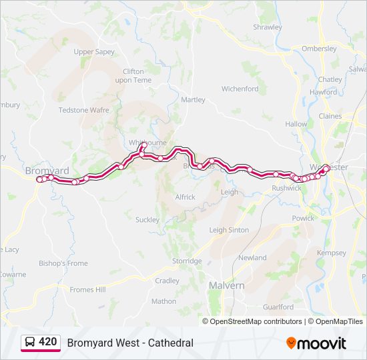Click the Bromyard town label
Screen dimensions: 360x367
47,171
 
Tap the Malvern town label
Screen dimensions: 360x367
226,285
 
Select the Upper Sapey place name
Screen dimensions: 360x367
94,52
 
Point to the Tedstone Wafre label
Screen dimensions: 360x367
83,110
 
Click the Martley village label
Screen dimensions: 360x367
193,100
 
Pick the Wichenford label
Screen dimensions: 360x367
240,89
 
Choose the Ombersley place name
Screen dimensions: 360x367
319,49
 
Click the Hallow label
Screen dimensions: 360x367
296,124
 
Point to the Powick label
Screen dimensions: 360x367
302,218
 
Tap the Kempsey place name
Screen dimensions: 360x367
332,253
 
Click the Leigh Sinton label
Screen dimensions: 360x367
229,230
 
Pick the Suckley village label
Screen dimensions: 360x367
147,219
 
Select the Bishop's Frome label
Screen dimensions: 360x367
63,263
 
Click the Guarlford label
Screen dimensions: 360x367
278,307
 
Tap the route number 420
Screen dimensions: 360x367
47,342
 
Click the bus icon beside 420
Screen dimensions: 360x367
30,343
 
